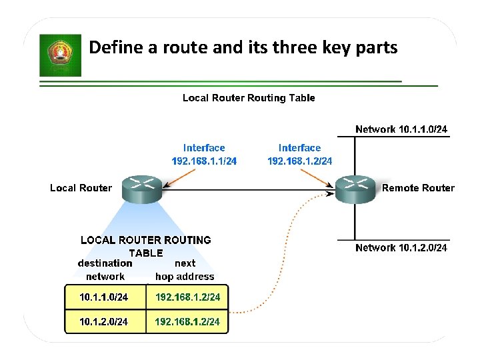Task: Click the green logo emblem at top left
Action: click(60, 56)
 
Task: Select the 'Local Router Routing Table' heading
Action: click(249, 98)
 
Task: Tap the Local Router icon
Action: click(143, 189)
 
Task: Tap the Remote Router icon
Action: click(355, 189)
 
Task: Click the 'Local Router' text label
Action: click(81, 188)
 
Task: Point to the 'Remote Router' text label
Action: click(418, 188)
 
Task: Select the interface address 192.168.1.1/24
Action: click(204, 161)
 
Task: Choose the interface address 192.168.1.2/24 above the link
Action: click(299, 161)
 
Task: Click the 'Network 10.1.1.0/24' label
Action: click(401, 129)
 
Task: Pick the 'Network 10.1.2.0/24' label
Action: click(401, 248)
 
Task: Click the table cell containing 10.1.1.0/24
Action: click(104, 297)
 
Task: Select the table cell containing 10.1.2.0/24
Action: click(104, 322)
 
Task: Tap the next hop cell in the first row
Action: click(187, 297)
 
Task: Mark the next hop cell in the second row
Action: click(187, 322)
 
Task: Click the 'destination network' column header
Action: click(105, 270)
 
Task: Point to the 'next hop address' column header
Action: click(185, 270)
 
